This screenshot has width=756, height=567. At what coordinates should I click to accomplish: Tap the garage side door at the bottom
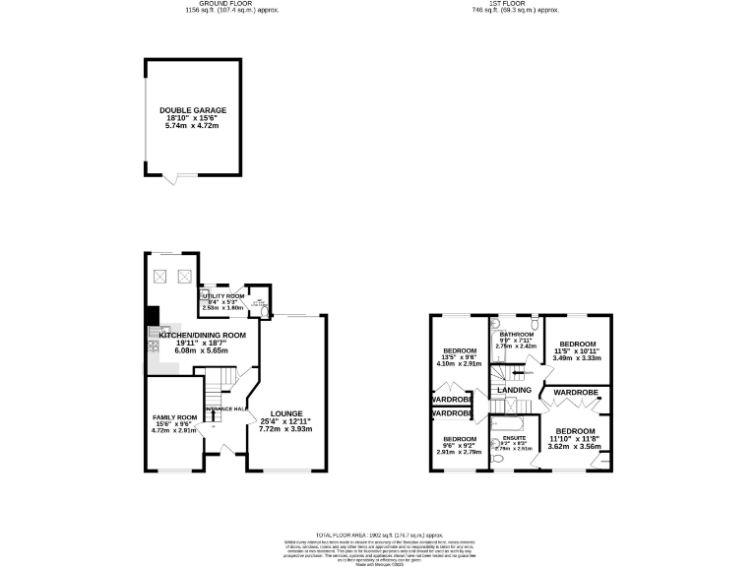pyautogui.click(x=173, y=179)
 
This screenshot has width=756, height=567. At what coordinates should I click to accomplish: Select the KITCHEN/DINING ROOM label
pyautogui.click(x=202, y=335)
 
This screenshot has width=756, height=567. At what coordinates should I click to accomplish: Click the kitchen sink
pyautogui.click(x=164, y=332)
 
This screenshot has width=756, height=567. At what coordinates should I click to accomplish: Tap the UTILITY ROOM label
pyautogui.click(x=221, y=295)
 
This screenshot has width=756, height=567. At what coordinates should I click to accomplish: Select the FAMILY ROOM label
pyautogui.click(x=173, y=417)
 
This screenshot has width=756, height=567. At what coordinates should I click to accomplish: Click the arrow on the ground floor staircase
pyautogui.click(x=222, y=379)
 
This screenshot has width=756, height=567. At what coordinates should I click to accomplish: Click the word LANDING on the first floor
pyautogui.click(x=515, y=391)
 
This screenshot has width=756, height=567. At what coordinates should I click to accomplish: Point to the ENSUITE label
pyautogui.click(x=515, y=436)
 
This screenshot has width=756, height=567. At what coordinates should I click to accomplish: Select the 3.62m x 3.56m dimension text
pyautogui.click(x=575, y=447)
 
